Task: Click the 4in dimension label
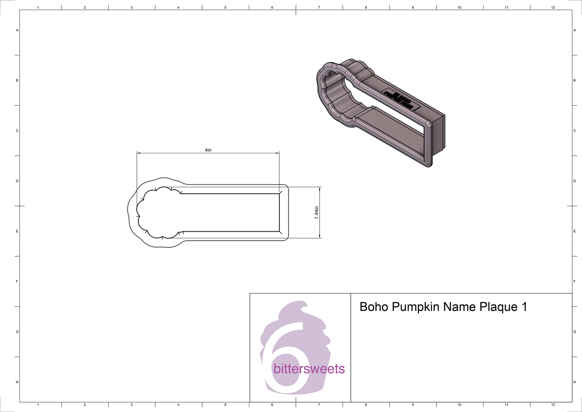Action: (x=208, y=150)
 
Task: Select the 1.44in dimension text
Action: (x=316, y=213)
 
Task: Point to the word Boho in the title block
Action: (x=374, y=307)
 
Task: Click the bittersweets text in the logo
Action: (x=309, y=369)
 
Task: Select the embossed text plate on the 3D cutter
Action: (x=400, y=99)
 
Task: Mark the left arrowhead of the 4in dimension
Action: (x=139, y=153)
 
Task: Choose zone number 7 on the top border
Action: (x=319, y=8)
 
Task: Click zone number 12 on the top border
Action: (x=553, y=8)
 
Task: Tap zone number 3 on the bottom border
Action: (x=131, y=404)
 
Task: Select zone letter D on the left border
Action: (x=17, y=181)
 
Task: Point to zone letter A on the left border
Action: (x=17, y=30)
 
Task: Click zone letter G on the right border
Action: (x=574, y=332)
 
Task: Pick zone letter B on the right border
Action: (x=574, y=81)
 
